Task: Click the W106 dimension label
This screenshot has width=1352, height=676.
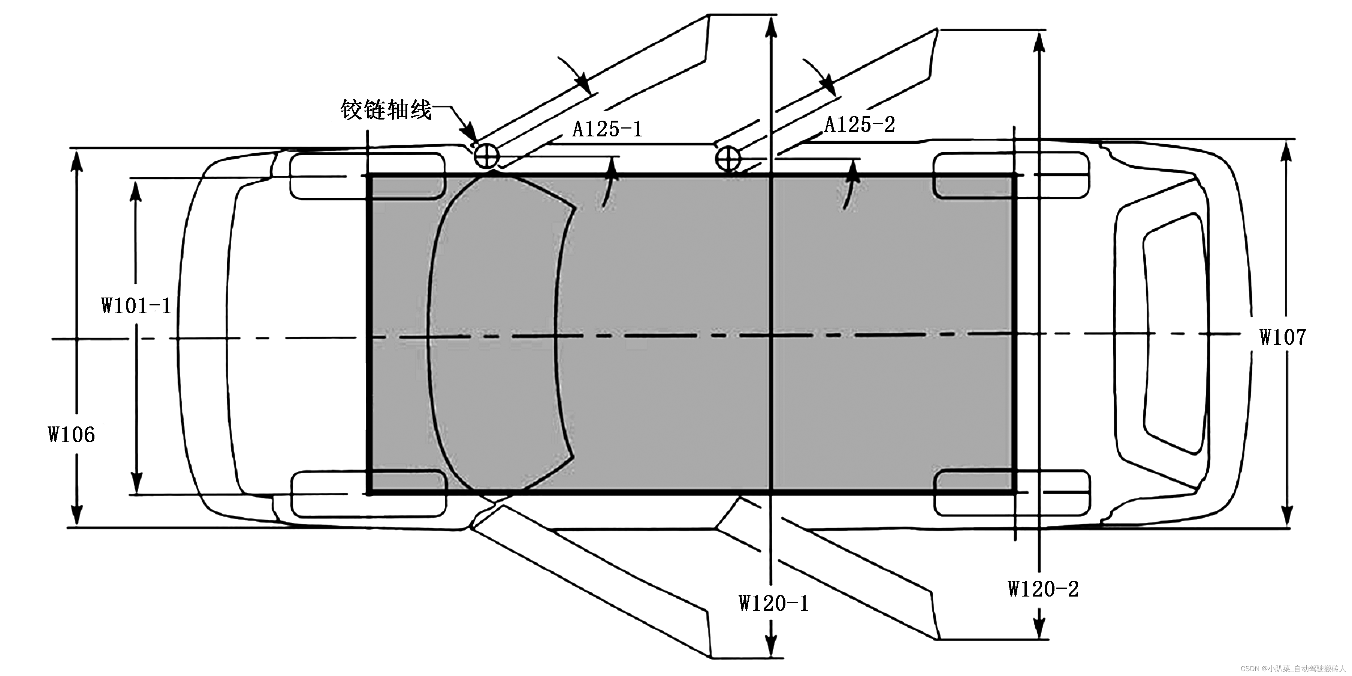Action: [71, 435]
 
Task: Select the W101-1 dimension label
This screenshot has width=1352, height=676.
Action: [136, 305]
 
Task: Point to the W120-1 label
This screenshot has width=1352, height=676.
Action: [774, 603]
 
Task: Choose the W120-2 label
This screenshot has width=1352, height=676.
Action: [1043, 589]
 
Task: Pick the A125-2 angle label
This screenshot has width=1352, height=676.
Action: [860, 124]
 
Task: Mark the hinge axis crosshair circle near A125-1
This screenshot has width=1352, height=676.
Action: [486, 156]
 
